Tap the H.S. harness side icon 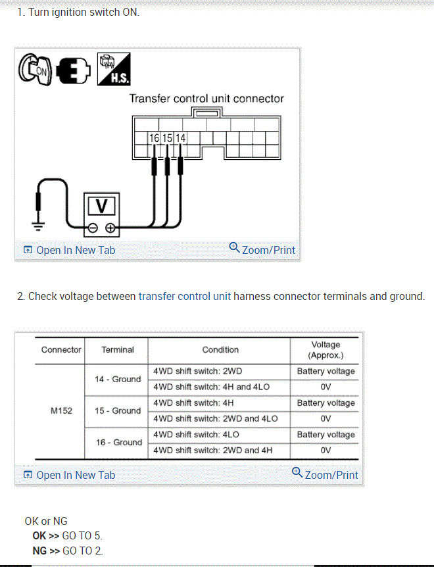[113, 69]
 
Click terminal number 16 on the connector [154, 138]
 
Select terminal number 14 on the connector [180, 138]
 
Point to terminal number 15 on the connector [167, 138]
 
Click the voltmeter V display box [101, 206]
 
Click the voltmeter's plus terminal [110, 228]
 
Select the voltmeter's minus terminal [93, 228]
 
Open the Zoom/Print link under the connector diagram [262, 249]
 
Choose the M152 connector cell [61, 410]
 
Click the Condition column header [220, 350]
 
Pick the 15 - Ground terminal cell [118, 410]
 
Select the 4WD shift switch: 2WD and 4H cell [212, 451]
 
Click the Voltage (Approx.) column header [325, 350]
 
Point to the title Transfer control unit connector [206, 99]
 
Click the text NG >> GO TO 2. [67, 551]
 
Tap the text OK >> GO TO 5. [67, 535]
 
